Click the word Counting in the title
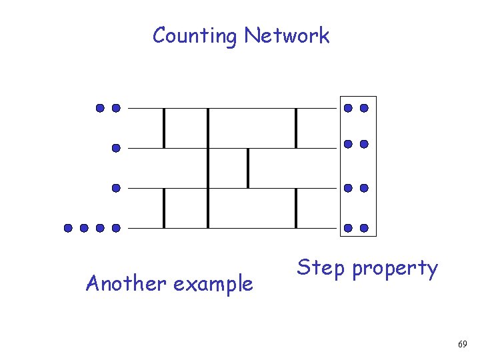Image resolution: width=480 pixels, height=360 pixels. pyautogui.click(x=195, y=35)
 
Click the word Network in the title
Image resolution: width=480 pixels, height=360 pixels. pyautogui.click(x=287, y=35)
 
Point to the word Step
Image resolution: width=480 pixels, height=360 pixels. pyautogui.click(x=321, y=269)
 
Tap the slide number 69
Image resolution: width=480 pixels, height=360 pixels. pyautogui.click(x=463, y=344)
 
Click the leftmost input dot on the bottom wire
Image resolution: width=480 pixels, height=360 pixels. pyautogui.click(x=68, y=228)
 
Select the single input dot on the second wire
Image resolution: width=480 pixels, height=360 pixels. pyautogui.click(x=116, y=148)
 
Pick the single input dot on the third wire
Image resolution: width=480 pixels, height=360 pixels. pyautogui.click(x=116, y=189)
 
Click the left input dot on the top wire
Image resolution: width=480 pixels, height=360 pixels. pyautogui.click(x=99, y=107)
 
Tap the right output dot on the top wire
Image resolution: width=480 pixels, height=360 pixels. pyautogui.click(x=364, y=107)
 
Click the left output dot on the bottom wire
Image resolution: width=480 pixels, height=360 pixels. pyautogui.click(x=347, y=228)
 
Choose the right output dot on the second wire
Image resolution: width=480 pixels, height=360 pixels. pyautogui.click(x=364, y=144)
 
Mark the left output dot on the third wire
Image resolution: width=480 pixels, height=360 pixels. pyautogui.click(x=347, y=188)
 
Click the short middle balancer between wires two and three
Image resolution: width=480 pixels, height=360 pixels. pyautogui.click(x=248, y=168)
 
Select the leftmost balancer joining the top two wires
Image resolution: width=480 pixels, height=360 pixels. pyautogui.click(x=164, y=128)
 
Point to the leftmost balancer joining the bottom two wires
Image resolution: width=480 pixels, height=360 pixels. pyautogui.click(x=164, y=208)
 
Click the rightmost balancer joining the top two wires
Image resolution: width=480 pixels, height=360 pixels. pyautogui.click(x=296, y=128)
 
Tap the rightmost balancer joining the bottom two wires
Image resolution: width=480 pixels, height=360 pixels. pyautogui.click(x=296, y=208)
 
